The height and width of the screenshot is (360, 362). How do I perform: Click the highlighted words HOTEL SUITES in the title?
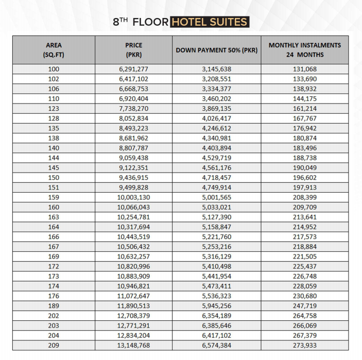coord(210,22)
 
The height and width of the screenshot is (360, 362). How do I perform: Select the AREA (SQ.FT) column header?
coord(54,50)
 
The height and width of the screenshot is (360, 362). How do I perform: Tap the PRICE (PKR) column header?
coord(133,50)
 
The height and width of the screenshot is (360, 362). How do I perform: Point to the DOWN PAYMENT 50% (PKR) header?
coord(216,50)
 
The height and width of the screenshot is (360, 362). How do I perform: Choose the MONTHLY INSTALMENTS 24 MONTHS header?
coord(304,50)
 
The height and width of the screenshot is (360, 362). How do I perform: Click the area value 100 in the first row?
coord(54,70)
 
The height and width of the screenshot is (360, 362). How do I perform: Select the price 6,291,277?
coord(133,70)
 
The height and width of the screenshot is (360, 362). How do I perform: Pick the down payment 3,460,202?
coord(216,99)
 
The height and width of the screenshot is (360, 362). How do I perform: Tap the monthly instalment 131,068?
coord(304,70)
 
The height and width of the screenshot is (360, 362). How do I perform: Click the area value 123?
coord(54,109)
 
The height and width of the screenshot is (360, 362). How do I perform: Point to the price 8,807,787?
coord(133,148)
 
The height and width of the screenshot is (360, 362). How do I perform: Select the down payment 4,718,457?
coord(216,178)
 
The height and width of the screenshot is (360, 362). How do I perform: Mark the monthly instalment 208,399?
coord(304,197)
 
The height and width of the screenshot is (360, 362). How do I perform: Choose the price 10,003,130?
coord(133,197)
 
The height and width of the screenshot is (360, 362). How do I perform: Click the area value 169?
coord(54,256)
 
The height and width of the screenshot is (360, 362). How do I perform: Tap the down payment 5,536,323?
coord(216,296)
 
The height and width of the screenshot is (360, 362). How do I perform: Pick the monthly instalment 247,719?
coord(304,305)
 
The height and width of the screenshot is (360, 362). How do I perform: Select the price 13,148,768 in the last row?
coord(133,345)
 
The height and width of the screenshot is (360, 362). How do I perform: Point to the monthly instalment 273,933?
coord(304,345)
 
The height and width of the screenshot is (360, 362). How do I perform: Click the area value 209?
coord(54,345)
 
